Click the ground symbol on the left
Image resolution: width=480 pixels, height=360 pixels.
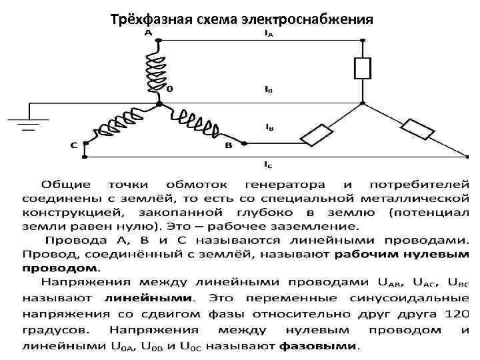[x=20, y=122]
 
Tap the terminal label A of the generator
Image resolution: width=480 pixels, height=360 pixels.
[x=147, y=31]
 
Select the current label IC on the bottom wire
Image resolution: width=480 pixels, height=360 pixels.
[x=268, y=164]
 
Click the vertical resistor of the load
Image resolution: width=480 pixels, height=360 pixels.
[x=362, y=69]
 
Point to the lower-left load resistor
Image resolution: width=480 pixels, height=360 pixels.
[x=317, y=135]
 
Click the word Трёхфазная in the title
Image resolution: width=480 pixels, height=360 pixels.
[x=150, y=19]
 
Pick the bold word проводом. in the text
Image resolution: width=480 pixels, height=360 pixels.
[x=61, y=267]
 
